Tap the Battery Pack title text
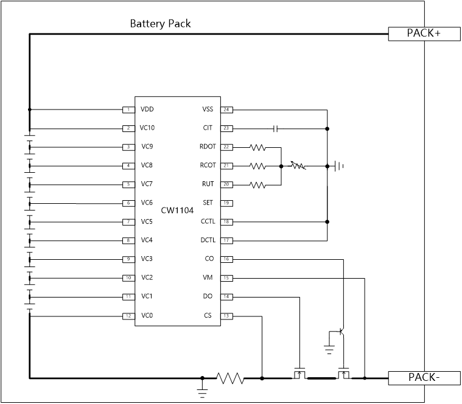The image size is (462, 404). (x=160, y=24)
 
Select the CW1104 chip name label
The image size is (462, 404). (x=177, y=211)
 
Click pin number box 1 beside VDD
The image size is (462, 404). (x=128, y=110)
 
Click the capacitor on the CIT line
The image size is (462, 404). (x=276, y=128)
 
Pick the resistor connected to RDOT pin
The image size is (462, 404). (x=257, y=147)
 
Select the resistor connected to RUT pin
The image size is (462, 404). (x=257, y=184)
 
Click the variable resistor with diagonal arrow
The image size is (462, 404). (x=298, y=165)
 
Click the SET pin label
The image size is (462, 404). (x=208, y=203)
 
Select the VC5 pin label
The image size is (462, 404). (x=147, y=221)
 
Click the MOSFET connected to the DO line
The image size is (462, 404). (x=299, y=374)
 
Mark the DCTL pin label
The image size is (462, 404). (x=207, y=240)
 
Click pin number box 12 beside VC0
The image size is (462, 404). (x=128, y=316)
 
